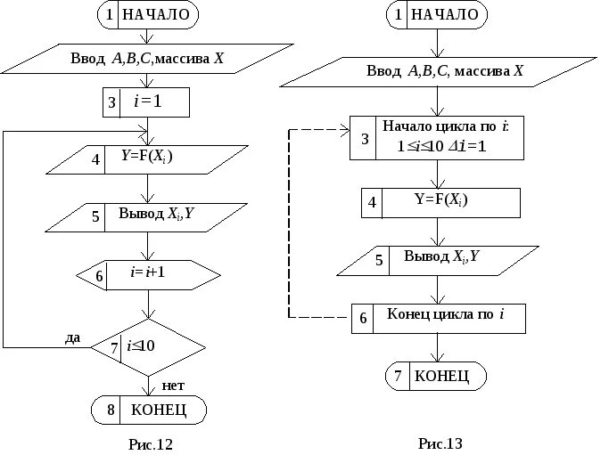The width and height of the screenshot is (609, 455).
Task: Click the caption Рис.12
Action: pos(151,444)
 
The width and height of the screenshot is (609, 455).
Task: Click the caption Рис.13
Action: pos(440,443)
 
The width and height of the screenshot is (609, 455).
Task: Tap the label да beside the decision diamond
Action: pos(72,337)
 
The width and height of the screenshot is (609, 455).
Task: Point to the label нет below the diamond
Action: pos(173,386)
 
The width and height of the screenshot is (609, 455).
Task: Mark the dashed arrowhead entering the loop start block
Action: pos(345,130)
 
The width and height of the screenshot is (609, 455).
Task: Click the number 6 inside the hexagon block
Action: pos(99,276)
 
